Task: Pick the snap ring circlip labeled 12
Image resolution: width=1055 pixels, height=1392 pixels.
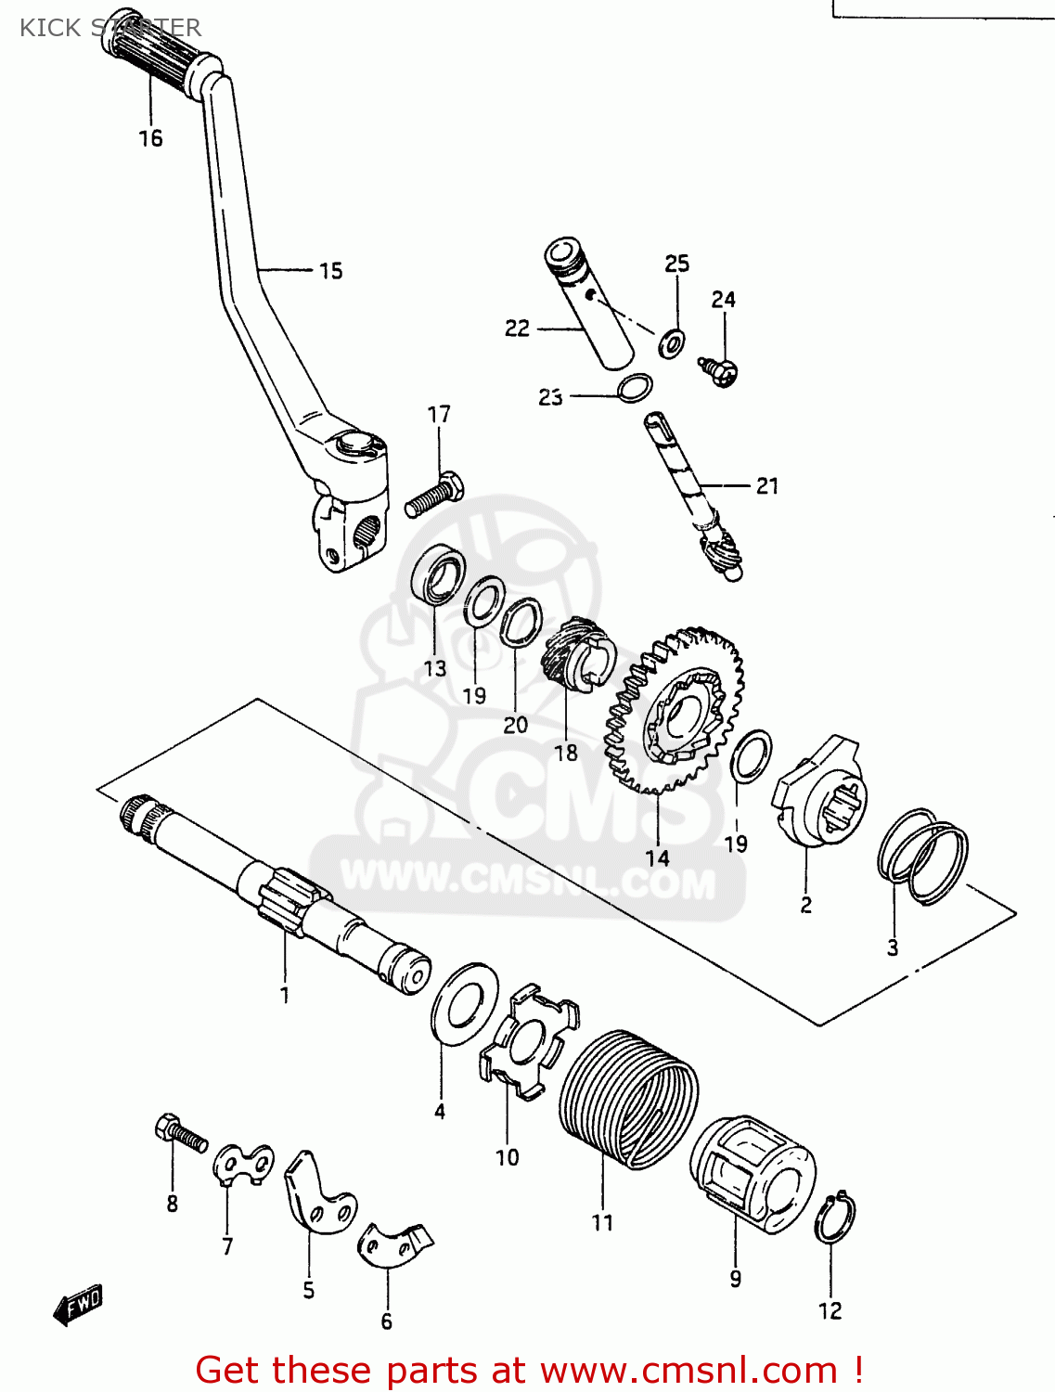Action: pyautogui.click(x=834, y=1218)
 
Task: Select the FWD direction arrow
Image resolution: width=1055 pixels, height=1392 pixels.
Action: pyautogui.click(x=78, y=1305)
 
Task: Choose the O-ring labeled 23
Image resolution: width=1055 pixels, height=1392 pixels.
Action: pyautogui.click(x=635, y=387)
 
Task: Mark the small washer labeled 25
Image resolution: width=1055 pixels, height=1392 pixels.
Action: pyautogui.click(x=673, y=342)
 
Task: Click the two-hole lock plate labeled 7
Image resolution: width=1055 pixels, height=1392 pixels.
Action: pyautogui.click(x=244, y=1165)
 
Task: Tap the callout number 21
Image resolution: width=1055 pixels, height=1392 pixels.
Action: pyautogui.click(x=767, y=485)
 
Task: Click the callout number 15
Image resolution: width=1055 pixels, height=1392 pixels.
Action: pyautogui.click(x=331, y=271)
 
